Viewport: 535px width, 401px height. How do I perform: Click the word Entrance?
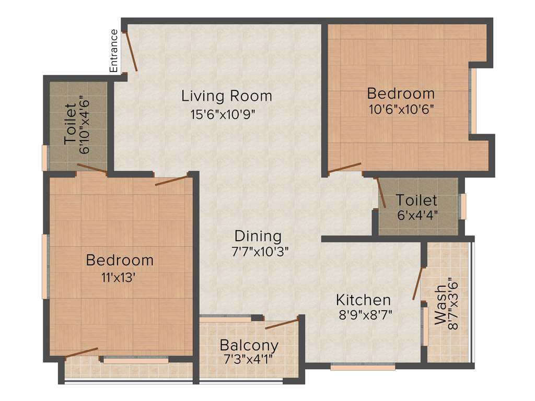pyautogui.click(x=113, y=51)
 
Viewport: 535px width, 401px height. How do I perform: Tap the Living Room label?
pyautogui.click(x=227, y=96)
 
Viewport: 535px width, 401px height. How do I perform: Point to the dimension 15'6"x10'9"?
pyautogui.click(x=224, y=113)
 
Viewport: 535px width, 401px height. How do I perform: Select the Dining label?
pyautogui.click(x=258, y=236)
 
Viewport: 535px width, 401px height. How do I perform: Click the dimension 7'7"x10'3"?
pyautogui.click(x=260, y=251)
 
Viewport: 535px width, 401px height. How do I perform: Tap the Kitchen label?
pyautogui.click(x=363, y=300)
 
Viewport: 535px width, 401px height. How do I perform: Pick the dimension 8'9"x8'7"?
pyautogui.click(x=364, y=315)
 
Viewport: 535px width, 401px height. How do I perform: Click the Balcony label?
pyautogui.click(x=249, y=346)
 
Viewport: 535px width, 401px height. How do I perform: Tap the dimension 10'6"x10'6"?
pyautogui.click(x=401, y=110)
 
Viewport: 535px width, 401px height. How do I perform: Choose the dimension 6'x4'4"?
pyautogui.click(x=416, y=214)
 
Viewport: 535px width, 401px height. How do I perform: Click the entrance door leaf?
pyautogui.click(x=130, y=51)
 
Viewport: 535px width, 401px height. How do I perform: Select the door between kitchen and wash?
pyautogui.click(x=417, y=284)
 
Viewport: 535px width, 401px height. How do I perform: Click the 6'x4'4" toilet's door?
pyautogui.click(x=381, y=193)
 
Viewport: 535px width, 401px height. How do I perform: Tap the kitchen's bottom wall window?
pyautogui.click(x=363, y=367)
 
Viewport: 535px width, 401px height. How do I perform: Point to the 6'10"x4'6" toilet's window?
pyautogui.click(x=45, y=158)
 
